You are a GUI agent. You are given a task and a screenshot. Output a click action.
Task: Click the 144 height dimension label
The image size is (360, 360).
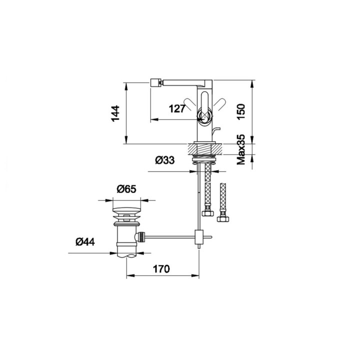click(115, 113)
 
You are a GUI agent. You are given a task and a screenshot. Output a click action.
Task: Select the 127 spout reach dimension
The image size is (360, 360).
click(177, 108)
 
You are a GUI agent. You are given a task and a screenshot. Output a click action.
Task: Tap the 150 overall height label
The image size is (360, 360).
click(241, 111)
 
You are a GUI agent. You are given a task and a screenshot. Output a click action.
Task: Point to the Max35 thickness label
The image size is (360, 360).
click(241, 149)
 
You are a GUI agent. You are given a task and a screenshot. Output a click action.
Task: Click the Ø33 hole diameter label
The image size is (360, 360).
click(165, 160)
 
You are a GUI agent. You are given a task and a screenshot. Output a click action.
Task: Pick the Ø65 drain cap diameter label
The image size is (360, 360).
click(126, 189)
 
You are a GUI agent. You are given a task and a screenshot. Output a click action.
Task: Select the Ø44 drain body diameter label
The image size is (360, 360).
click(85, 242)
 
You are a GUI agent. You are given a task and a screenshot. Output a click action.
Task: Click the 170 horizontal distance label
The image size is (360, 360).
click(161, 269)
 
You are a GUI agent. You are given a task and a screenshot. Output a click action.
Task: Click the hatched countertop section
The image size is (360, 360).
click(205, 149)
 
